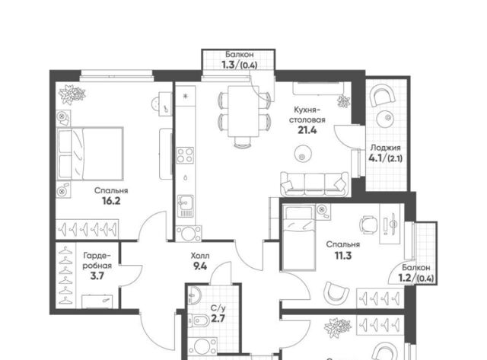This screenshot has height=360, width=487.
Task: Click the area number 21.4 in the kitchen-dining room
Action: click(x=307, y=130)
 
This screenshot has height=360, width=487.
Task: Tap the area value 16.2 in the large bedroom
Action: click(x=111, y=201)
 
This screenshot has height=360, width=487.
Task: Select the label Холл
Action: click(x=200, y=256)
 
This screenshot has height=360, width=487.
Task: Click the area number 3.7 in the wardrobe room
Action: click(x=97, y=276)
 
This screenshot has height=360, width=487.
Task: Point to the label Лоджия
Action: click(x=386, y=148)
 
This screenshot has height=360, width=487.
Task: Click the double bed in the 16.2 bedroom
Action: click(x=90, y=154)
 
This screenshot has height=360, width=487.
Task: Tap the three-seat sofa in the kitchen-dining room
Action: click(x=314, y=183)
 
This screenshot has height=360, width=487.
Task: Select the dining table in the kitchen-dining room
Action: click(x=243, y=111)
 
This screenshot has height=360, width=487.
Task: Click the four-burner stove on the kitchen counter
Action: click(x=185, y=155)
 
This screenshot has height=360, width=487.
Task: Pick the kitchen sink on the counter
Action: click(x=185, y=206)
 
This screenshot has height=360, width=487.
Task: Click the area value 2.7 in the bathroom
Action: click(x=218, y=319)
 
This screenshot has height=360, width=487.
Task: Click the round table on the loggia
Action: click(x=387, y=118)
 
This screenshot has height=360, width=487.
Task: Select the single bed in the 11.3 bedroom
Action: click(x=299, y=237)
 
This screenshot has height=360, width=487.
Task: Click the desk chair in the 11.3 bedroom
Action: click(x=368, y=225)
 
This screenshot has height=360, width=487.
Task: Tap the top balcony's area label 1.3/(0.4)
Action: click(x=239, y=65)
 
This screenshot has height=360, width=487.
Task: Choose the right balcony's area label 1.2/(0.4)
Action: click(x=416, y=279)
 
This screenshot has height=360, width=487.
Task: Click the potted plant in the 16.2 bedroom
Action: click(x=72, y=94)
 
